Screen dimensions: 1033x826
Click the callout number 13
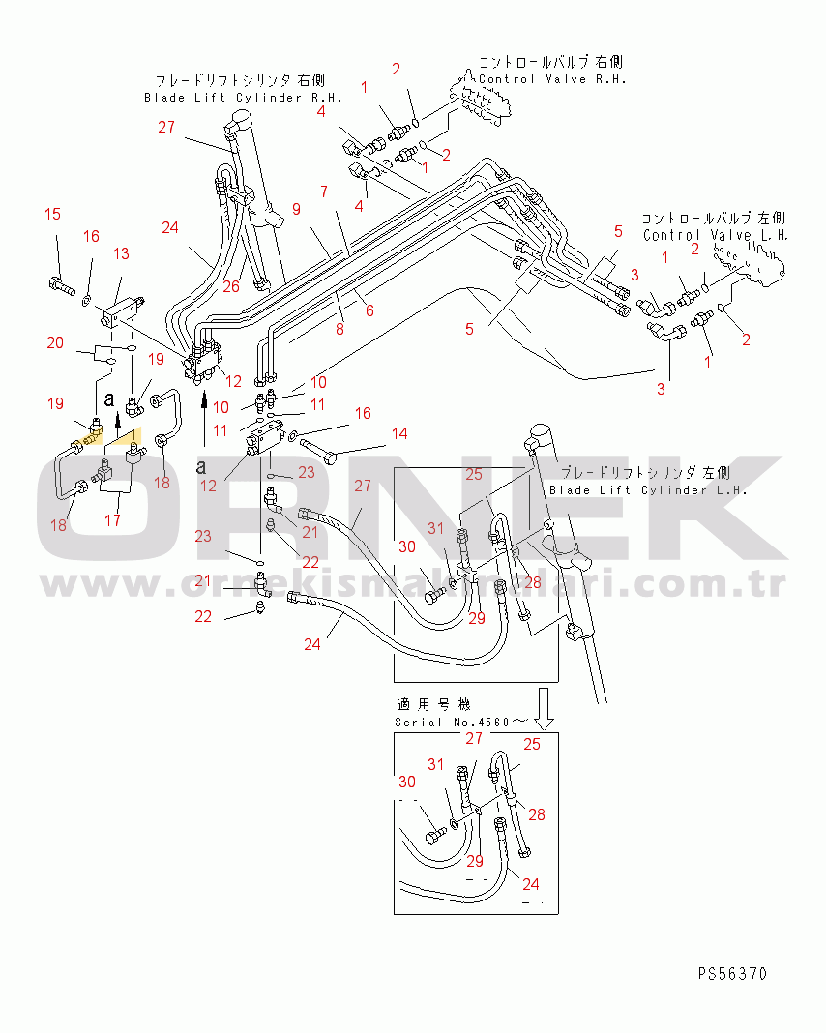tap(121, 253)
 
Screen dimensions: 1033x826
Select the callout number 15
tap(52, 214)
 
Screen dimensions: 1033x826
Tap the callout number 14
tap(399, 433)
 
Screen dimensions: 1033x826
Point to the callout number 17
tap(113, 519)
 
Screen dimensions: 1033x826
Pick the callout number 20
tap(55, 342)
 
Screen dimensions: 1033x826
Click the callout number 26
tap(230, 286)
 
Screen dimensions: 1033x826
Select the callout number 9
tap(296, 208)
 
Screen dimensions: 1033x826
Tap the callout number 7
tap(325, 192)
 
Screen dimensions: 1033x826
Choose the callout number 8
tap(340, 328)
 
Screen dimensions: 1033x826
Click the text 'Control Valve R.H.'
tap(552, 79)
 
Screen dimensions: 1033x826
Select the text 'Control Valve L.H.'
tap(716, 235)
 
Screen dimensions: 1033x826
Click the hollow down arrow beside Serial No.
tap(544, 709)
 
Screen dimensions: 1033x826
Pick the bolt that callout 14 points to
tap(320, 448)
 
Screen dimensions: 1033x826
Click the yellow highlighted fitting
tap(88, 440)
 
